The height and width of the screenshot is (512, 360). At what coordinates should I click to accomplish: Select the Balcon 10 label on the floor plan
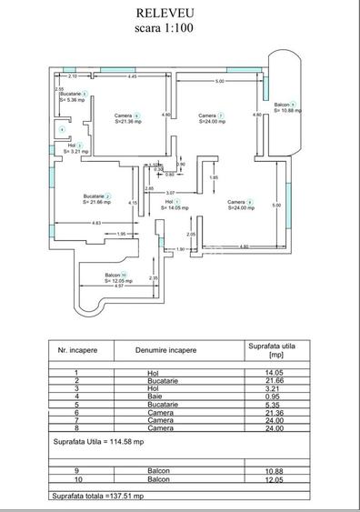tap(115, 276)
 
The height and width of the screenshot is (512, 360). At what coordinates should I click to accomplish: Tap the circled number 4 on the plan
tap(62, 129)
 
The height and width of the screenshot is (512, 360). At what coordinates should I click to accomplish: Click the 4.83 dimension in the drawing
tap(96, 224)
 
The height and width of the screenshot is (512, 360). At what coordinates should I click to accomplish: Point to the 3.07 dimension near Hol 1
tap(170, 194)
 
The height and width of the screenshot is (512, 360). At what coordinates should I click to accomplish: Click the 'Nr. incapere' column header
tap(77, 349)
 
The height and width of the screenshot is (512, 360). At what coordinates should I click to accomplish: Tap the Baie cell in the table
tap(153, 397)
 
